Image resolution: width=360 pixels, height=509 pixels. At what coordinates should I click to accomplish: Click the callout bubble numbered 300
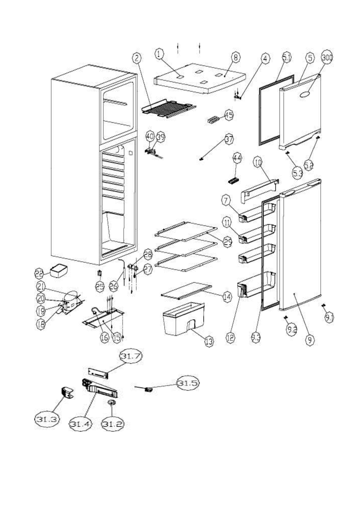point(327,58)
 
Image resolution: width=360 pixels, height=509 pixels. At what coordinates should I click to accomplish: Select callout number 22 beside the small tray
point(39,273)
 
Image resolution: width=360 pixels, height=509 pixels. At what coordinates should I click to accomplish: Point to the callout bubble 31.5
point(188,383)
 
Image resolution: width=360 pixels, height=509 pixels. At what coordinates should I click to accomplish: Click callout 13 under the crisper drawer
point(209,342)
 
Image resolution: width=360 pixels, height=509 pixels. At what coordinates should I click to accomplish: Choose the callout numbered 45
point(229,115)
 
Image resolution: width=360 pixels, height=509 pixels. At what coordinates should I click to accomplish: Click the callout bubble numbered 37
point(229,139)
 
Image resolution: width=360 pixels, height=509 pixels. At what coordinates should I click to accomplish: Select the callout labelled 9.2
point(292,329)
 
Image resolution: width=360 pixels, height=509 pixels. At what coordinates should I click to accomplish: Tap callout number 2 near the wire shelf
point(137,58)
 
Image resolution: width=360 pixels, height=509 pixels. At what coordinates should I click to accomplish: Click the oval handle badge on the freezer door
point(305,95)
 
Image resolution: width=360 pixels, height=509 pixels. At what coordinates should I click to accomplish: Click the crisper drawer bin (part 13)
point(183,319)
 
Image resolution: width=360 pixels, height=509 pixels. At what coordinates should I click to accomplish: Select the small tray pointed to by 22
point(59,271)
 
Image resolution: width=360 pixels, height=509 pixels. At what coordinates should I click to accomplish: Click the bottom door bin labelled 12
point(257,286)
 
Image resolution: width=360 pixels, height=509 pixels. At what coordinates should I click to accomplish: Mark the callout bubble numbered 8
point(236,58)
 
